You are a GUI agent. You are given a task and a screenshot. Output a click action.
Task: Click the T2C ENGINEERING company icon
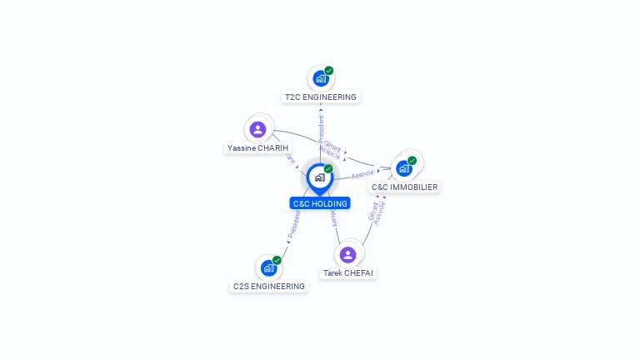(x=320, y=79)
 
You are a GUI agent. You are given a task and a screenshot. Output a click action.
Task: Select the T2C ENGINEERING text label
(x=320, y=97)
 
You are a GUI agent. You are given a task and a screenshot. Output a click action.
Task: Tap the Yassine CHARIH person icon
(x=257, y=130)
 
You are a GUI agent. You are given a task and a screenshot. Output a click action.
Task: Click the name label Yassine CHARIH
(x=257, y=148)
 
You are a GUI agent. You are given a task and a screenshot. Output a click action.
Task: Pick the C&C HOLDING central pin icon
(x=319, y=177)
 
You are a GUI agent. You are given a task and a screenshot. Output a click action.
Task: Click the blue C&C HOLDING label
(x=320, y=203)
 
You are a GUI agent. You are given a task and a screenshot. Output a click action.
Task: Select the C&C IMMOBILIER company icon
(x=404, y=168)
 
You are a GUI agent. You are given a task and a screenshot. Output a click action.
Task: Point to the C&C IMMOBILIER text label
(x=405, y=187)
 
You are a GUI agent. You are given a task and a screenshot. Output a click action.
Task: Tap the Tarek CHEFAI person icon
(x=348, y=255)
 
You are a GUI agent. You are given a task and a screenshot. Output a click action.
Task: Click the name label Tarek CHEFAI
(x=349, y=273)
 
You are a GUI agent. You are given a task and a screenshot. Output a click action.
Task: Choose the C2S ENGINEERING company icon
(x=268, y=268)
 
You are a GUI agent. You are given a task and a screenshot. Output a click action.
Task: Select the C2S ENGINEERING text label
(x=269, y=287)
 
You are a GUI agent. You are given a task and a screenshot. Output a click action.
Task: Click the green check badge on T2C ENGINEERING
(x=329, y=71)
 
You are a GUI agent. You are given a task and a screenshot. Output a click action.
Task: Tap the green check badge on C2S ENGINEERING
(x=277, y=260)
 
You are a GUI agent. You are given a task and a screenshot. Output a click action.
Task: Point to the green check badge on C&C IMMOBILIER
(x=412, y=160)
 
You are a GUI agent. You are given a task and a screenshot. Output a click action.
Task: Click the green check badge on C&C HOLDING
(x=328, y=169)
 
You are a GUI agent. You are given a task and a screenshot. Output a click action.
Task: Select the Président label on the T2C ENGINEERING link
(x=321, y=130)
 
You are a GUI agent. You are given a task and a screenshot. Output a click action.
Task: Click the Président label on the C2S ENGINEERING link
(x=293, y=224)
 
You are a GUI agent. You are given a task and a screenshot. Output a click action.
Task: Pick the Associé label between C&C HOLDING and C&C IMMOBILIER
(x=362, y=174)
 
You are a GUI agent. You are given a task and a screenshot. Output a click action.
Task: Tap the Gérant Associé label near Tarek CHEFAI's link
(x=377, y=212)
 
